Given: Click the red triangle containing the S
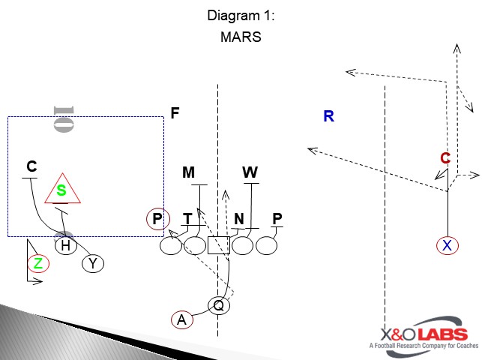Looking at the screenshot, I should point(62,190).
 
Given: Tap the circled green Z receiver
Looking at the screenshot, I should point(37,263).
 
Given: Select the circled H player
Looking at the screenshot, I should point(66,245).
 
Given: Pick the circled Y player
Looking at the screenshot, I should point(93,263).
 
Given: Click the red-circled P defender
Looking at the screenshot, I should point(157,219).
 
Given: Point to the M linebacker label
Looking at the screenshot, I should point(189,173).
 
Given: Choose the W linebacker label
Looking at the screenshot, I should point(250,173).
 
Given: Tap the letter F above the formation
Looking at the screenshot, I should point(175,113).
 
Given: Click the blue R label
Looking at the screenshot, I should point(328,116).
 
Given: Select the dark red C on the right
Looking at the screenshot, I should point(445,158).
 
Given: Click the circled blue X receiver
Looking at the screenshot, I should point(447,245).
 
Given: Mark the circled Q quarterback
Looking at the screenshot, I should point(219,305).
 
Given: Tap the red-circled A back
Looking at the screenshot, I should point(181,319).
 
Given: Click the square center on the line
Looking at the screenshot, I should point(218,245).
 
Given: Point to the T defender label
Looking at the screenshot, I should point(187,219).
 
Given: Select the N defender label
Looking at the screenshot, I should point(239,219).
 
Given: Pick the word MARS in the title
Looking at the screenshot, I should point(241,37).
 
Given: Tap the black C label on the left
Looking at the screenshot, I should point(31,166).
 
